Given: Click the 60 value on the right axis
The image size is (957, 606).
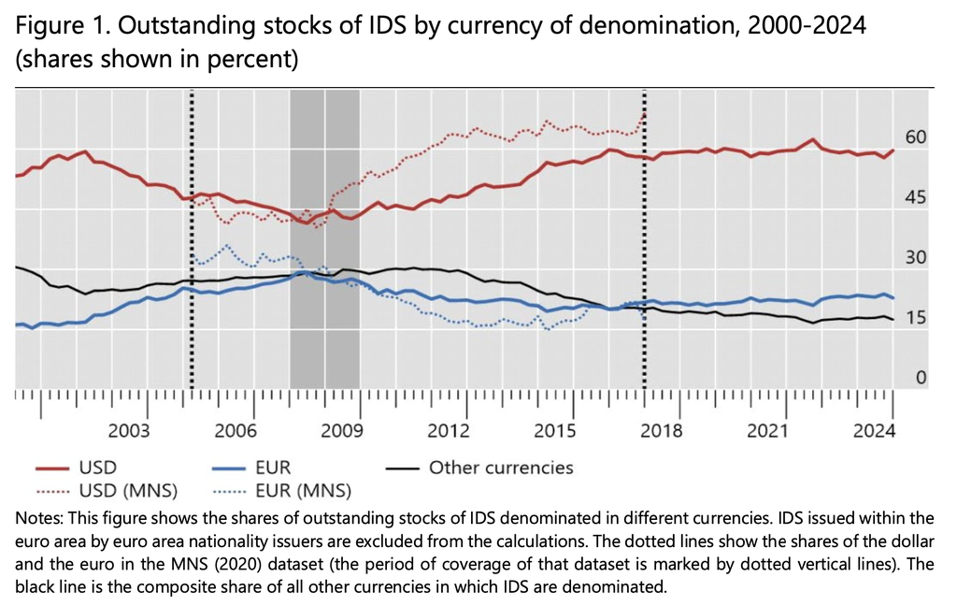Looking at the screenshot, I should tap(915, 137).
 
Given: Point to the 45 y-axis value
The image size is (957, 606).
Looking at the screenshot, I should tap(915, 197).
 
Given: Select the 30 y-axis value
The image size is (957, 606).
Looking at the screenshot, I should tap(915, 258).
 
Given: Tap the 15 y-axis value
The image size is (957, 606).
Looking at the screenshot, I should tap(915, 318).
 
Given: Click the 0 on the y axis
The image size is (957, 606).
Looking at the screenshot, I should tap(921, 378).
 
